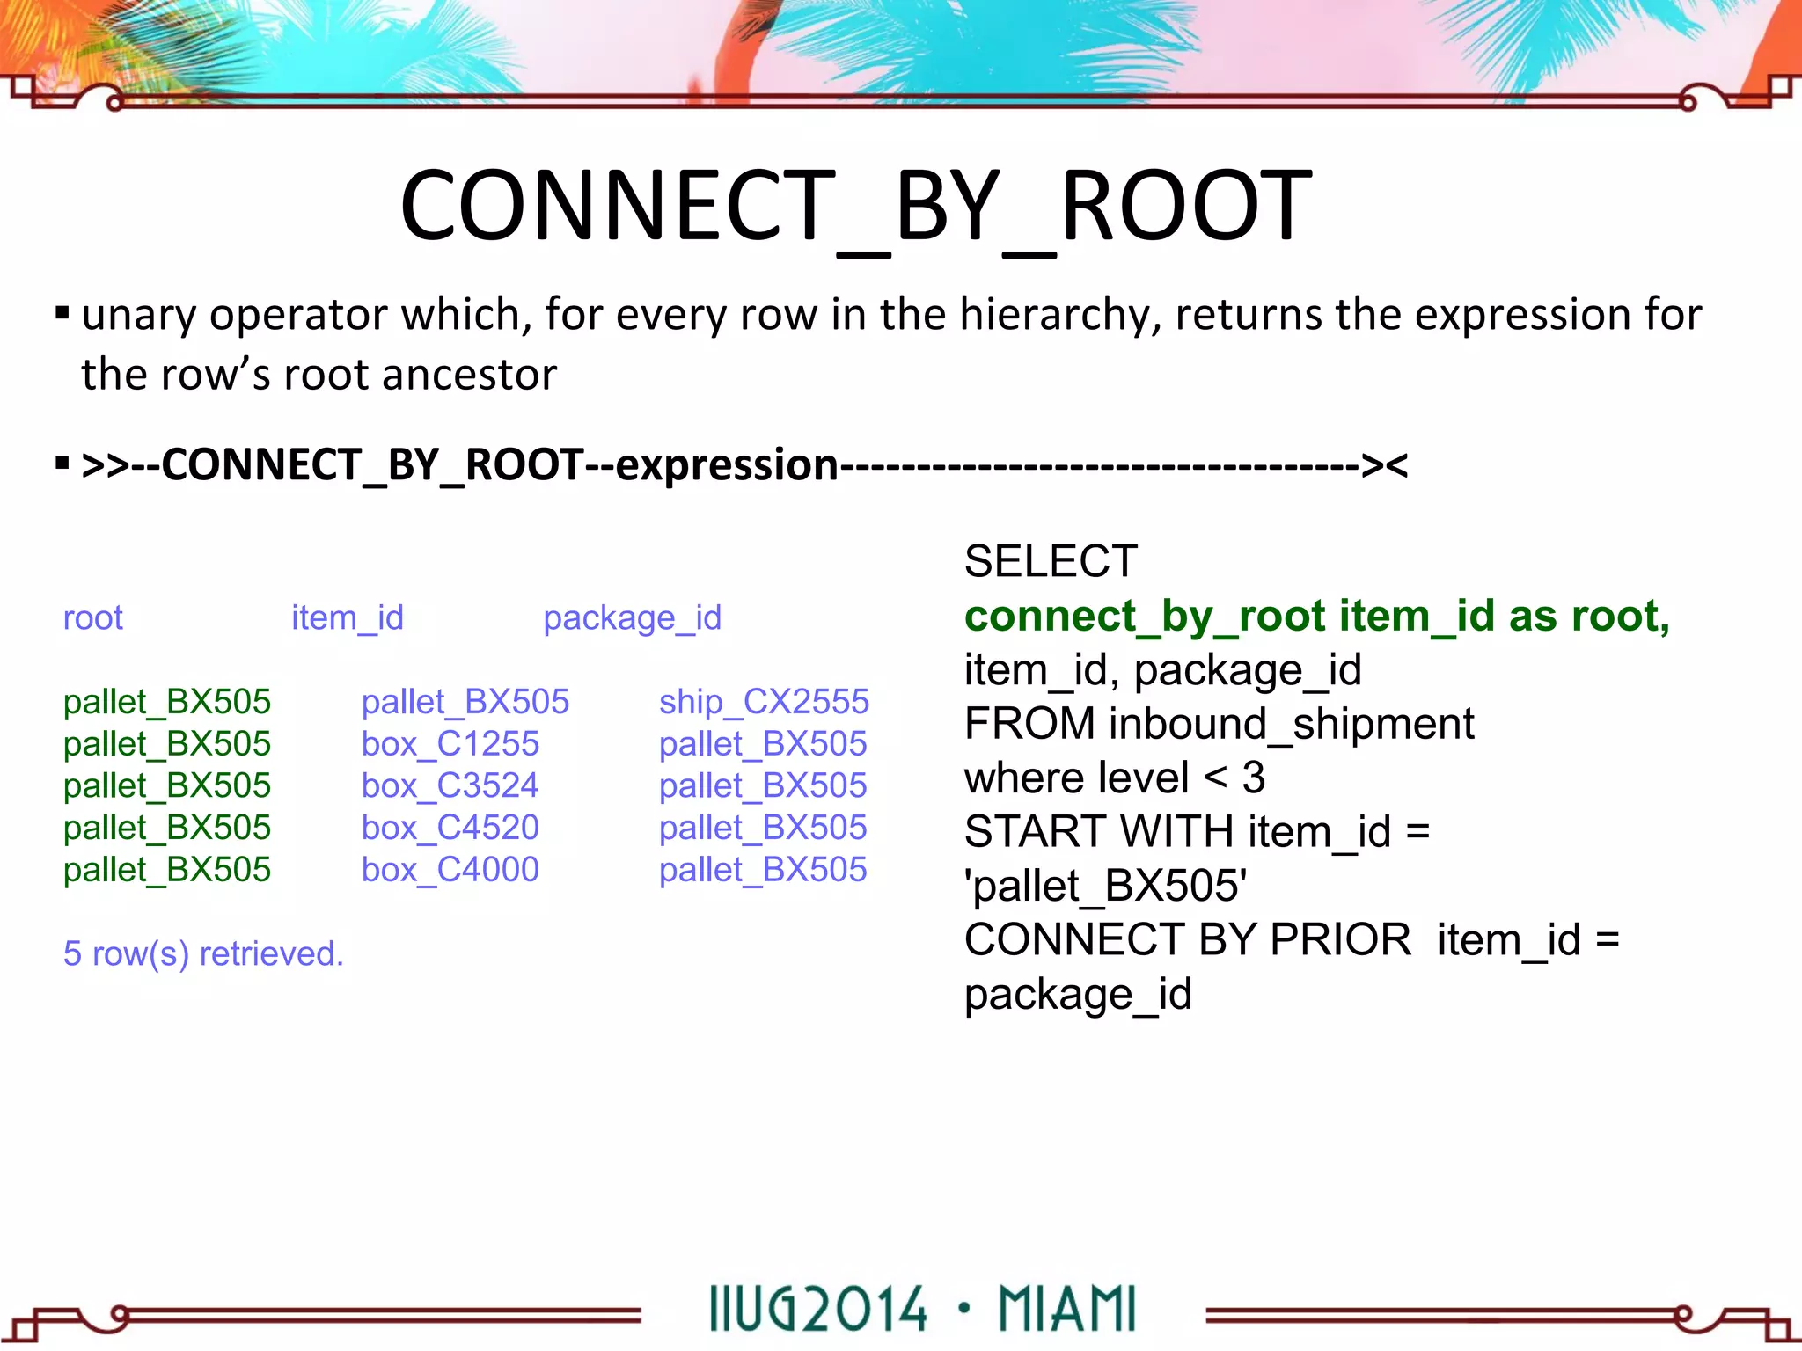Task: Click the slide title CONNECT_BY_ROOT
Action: coord(855,208)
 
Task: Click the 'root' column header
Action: coord(92,618)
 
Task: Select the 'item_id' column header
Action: coord(347,618)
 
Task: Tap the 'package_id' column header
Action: coord(632,618)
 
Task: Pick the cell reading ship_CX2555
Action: coord(763,702)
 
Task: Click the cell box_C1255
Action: coord(450,744)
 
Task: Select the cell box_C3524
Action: coord(450,785)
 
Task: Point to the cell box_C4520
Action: coord(450,828)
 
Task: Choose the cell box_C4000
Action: coord(450,870)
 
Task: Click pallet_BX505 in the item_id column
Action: coord(465,702)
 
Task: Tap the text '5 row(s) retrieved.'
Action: coord(203,953)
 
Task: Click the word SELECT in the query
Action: coord(1051,561)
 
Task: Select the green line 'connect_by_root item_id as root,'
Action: coord(1316,616)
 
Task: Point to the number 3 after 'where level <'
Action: coord(1253,778)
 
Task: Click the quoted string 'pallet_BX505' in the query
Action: coord(1105,886)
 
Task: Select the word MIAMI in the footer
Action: coord(1067,1310)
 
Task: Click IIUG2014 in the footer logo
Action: coord(817,1310)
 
